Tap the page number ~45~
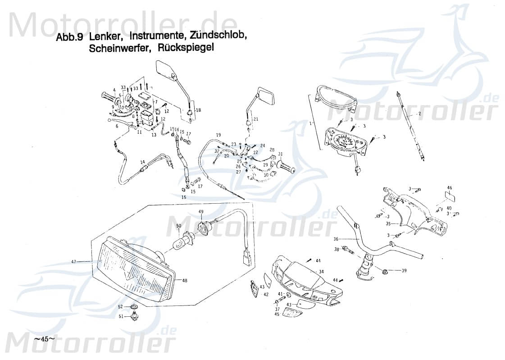(x=44, y=338)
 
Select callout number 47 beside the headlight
(x=74, y=261)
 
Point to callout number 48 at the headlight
(x=185, y=280)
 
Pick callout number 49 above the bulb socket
(x=201, y=212)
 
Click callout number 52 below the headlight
(x=120, y=306)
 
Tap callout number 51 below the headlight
(x=120, y=317)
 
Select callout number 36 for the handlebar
(x=336, y=239)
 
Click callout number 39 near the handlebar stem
(x=404, y=270)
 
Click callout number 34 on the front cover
(x=321, y=272)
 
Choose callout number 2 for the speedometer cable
(x=419, y=114)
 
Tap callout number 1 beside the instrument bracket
(x=323, y=123)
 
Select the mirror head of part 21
(x=266, y=96)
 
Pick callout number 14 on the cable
(x=142, y=162)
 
